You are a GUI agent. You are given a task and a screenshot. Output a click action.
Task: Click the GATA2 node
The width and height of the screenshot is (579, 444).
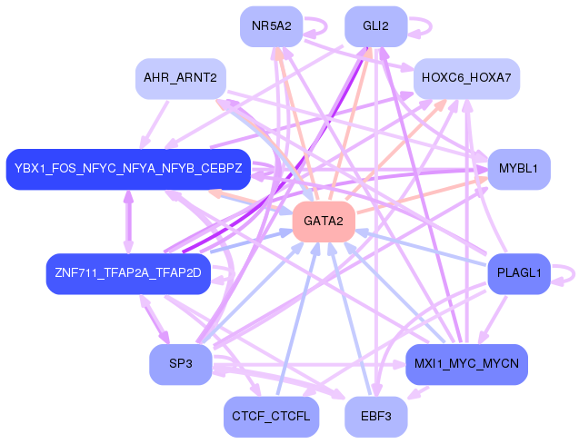323,222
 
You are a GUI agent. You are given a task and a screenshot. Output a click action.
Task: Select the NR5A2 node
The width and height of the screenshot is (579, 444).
271,26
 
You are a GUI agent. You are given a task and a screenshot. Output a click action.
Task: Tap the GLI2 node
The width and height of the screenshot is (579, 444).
375,26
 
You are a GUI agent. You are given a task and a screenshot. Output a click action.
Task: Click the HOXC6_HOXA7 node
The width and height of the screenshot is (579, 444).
466,78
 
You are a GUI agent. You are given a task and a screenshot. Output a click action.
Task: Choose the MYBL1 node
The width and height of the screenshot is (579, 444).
519,169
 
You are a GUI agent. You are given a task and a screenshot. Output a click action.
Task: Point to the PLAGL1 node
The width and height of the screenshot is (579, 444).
519,272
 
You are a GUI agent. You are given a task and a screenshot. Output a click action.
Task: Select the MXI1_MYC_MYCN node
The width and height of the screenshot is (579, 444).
466,364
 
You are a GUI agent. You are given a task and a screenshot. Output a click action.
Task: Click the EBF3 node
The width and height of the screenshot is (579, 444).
375,417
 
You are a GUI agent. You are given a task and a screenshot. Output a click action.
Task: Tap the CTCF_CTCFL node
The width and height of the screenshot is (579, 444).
271,417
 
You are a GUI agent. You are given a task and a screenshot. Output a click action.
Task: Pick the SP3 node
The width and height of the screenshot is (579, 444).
180,364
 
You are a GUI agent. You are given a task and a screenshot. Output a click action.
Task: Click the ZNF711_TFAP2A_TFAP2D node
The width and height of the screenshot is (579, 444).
128,272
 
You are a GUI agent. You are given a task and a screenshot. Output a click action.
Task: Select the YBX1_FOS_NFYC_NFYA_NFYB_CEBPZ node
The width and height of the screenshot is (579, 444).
128,169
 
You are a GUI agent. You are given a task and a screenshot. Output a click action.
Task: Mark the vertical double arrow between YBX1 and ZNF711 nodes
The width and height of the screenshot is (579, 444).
128,221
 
